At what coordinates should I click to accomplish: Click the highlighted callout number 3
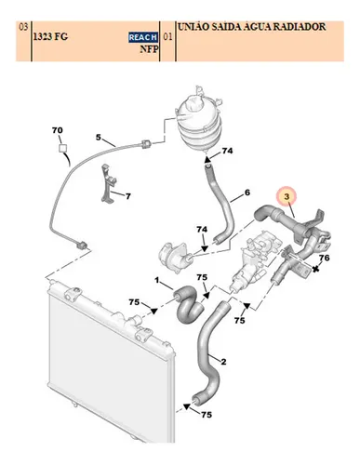[287, 196]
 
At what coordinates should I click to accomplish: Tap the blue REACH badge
[143, 37]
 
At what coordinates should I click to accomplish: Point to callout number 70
[58, 130]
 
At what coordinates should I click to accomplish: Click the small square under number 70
[63, 148]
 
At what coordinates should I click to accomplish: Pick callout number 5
[99, 137]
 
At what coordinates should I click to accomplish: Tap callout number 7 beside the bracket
[128, 196]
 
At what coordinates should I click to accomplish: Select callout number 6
[247, 193]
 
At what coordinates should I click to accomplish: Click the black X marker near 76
[316, 269]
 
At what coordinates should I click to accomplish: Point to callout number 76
[324, 258]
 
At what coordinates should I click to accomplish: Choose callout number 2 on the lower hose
[223, 362]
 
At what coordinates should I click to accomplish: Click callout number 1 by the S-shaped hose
[157, 280]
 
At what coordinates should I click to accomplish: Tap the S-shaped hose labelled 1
[189, 304]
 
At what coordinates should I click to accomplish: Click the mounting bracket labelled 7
[109, 183]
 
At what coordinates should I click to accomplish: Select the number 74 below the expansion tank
[227, 151]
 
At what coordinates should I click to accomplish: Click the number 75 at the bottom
[207, 415]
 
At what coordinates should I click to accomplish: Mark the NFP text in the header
[149, 49]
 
